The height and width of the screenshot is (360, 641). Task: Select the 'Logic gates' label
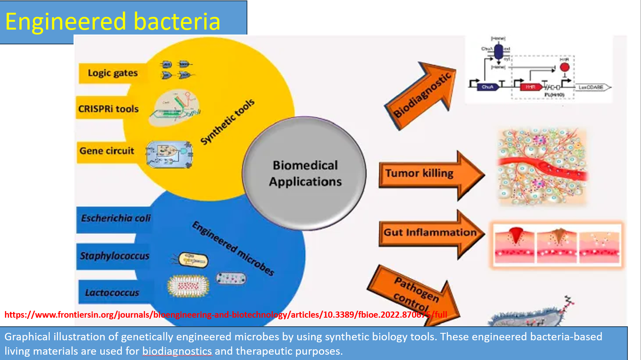[x=113, y=73]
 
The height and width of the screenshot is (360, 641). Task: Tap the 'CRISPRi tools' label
[x=108, y=109]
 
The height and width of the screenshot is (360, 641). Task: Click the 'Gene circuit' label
[x=107, y=151]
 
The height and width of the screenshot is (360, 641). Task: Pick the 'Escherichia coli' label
[x=115, y=218]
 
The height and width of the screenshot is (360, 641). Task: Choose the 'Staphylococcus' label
[x=114, y=256]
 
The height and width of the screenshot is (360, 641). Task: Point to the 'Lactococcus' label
[x=112, y=293]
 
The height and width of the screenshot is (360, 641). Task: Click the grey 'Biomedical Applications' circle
[x=304, y=173]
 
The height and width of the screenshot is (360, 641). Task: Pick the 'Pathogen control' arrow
[x=415, y=293]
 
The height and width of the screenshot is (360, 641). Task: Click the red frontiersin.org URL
[x=226, y=315]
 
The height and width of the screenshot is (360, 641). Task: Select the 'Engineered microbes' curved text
[x=233, y=248]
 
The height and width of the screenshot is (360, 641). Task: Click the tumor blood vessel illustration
[x=542, y=166]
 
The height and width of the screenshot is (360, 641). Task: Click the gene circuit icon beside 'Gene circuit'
[x=169, y=154]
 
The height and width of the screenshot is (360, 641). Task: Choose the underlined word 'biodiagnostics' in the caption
[x=177, y=351]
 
